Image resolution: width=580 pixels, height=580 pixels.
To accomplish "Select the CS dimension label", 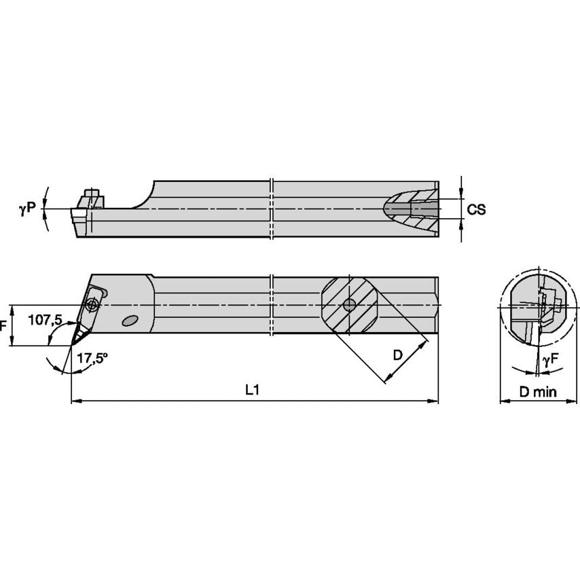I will click(x=477, y=209).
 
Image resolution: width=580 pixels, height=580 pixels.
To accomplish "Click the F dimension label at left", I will click(x=3, y=326).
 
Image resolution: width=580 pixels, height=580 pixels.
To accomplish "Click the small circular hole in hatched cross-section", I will click(x=349, y=305).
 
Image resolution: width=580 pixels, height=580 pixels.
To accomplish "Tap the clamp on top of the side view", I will click(x=90, y=198).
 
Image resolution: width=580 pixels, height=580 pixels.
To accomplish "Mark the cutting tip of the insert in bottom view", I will click(x=72, y=344).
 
